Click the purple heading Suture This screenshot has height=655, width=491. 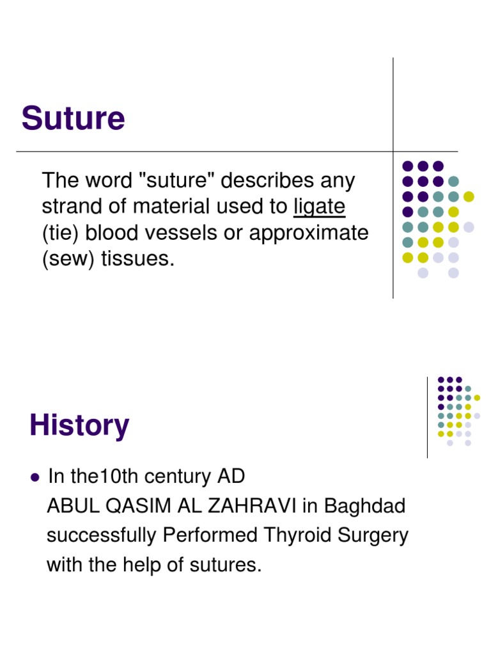coord(73,119)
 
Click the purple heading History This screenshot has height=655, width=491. coord(79,425)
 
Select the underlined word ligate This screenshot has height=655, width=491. coord(319,207)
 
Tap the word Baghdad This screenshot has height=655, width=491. coord(364,506)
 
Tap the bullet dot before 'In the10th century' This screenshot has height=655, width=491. coord(35,477)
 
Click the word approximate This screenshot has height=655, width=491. coord(309,233)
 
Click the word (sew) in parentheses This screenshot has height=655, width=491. coord(65,259)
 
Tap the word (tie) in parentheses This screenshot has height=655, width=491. coord(61,233)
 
